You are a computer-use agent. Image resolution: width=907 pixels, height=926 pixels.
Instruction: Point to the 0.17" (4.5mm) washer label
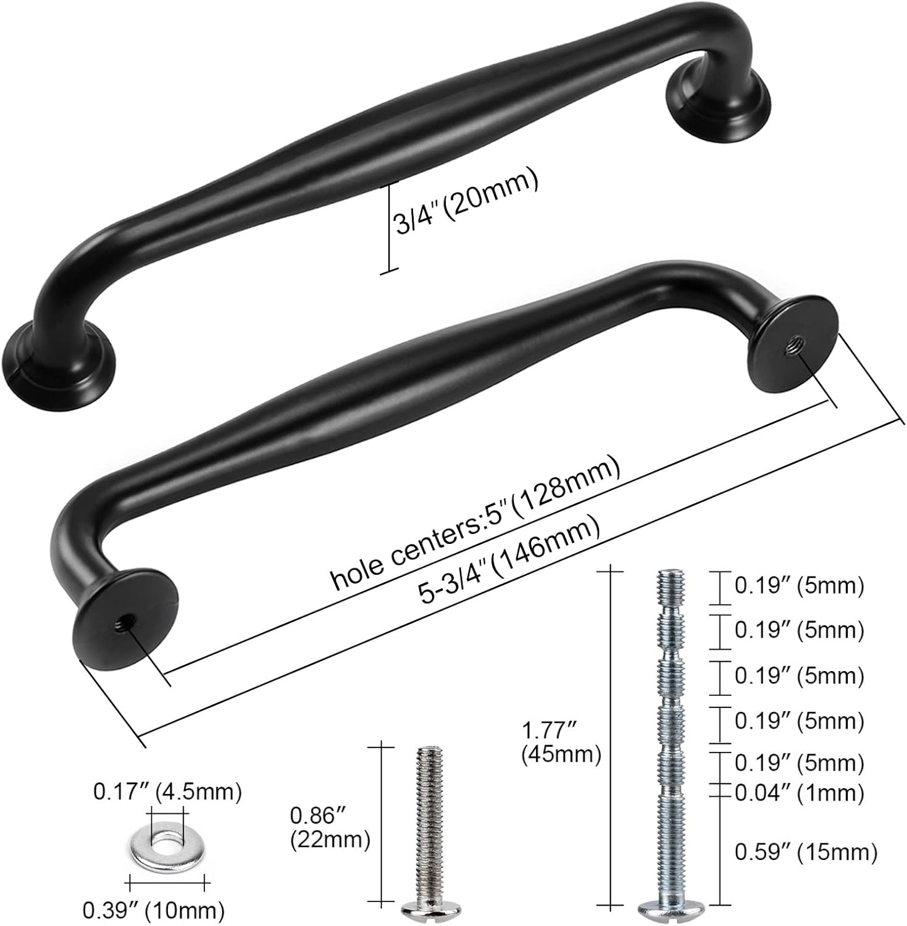click(x=167, y=791)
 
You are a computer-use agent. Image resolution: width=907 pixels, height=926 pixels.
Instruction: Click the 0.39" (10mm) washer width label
click(x=153, y=909)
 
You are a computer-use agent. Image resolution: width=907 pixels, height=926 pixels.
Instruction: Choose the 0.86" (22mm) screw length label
click(x=330, y=828)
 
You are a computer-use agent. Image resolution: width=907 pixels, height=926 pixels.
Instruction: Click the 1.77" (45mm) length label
click(x=561, y=742)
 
